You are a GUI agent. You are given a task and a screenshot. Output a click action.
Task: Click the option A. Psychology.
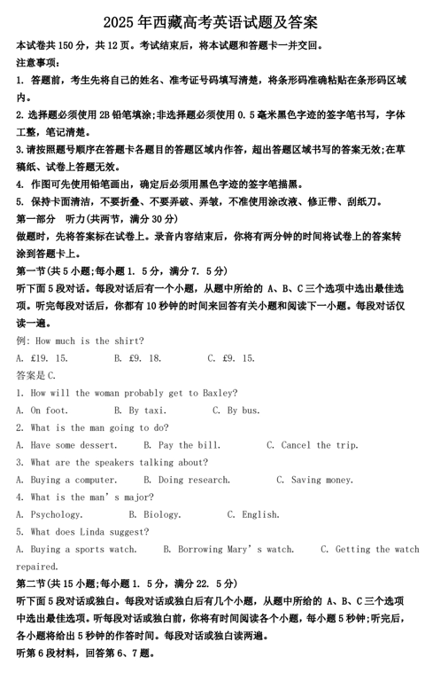[50, 513]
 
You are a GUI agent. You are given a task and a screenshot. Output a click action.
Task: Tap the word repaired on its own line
[37, 566]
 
